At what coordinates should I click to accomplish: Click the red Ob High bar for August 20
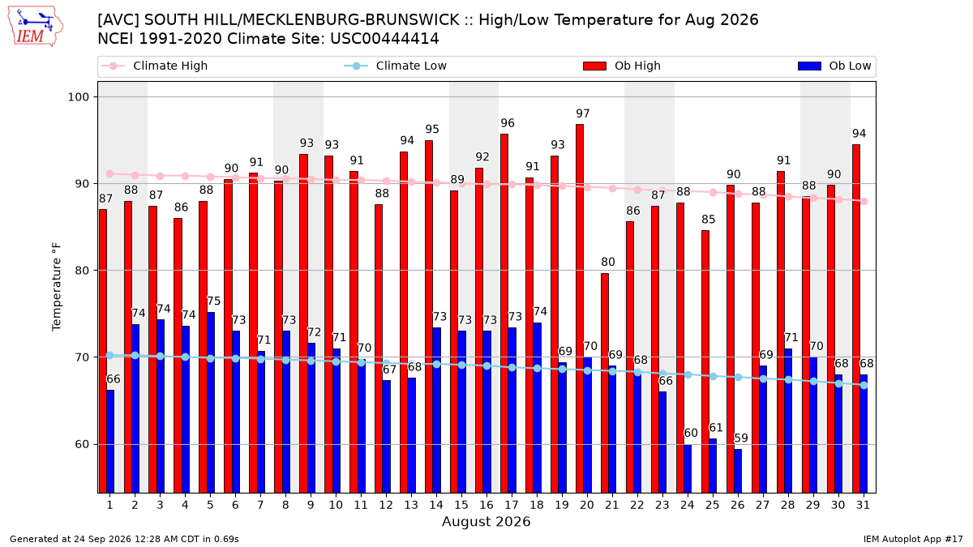pyautogui.click(x=580, y=309)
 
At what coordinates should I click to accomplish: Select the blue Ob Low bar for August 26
pyautogui.click(x=738, y=471)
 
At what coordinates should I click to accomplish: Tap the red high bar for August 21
pyautogui.click(x=605, y=383)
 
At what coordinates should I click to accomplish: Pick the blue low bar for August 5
pyautogui.click(x=211, y=403)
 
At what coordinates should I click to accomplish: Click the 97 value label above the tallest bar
pyautogui.click(x=583, y=113)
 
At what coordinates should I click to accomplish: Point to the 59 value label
pyautogui.click(x=741, y=438)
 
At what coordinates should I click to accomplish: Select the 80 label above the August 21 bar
pyautogui.click(x=608, y=263)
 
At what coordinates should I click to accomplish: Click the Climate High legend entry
pyautogui.click(x=154, y=66)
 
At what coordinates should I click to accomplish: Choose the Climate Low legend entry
pyautogui.click(x=396, y=66)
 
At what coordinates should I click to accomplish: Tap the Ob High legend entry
pyautogui.click(x=622, y=66)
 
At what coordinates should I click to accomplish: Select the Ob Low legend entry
pyautogui.click(x=834, y=66)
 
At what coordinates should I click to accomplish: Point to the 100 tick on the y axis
pyautogui.click(x=78, y=96)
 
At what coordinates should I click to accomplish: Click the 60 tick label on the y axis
pyautogui.click(x=82, y=445)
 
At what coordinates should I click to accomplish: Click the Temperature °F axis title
pyautogui.click(x=57, y=287)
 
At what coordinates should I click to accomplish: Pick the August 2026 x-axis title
pyautogui.click(x=486, y=521)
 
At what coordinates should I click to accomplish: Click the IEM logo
pyautogui.click(x=35, y=27)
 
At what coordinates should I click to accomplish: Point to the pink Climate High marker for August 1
pyautogui.click(x=110, y=174)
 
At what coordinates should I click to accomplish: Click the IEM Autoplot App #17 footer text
pyautogui.click(x=913, y=539)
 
